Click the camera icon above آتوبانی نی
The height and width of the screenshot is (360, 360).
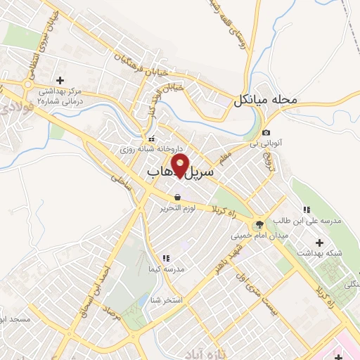pos(266,134)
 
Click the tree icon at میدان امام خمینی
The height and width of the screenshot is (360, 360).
pos(260,225)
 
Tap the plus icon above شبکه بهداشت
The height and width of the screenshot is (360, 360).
pos(319,243)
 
